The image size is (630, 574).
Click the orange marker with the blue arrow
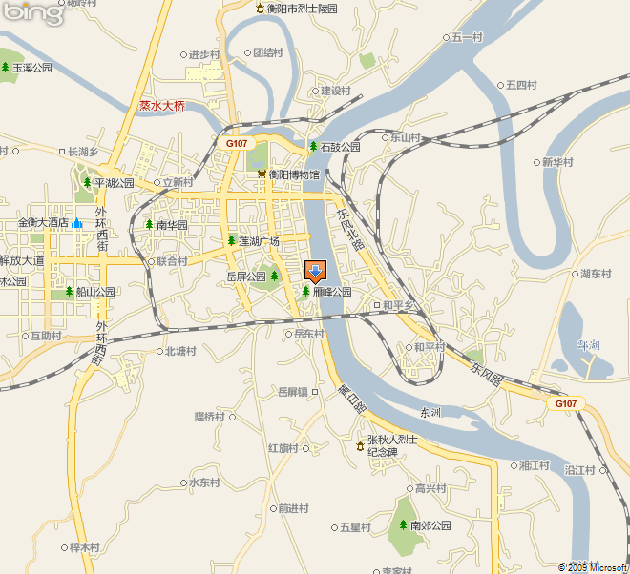(314, 271)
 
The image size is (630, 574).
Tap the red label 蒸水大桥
(161, 107)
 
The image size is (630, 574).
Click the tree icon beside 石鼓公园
(313, 147)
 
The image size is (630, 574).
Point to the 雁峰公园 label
(332, 292)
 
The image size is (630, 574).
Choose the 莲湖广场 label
(260, 240)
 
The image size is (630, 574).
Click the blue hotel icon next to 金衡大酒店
(76, 222)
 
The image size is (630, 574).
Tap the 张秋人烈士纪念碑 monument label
(393, 446)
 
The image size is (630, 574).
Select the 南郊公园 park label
(430, 525)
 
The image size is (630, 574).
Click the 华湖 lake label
(588, 345)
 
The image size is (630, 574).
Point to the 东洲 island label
(430, 412)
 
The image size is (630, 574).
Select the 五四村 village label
(521, 85)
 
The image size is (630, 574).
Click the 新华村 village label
(557, 162)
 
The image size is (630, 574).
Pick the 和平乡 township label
(399, 305)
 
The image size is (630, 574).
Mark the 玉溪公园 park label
(32, 69)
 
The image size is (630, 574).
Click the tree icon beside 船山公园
(69, 292)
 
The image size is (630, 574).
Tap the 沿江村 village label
(579, 470)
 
